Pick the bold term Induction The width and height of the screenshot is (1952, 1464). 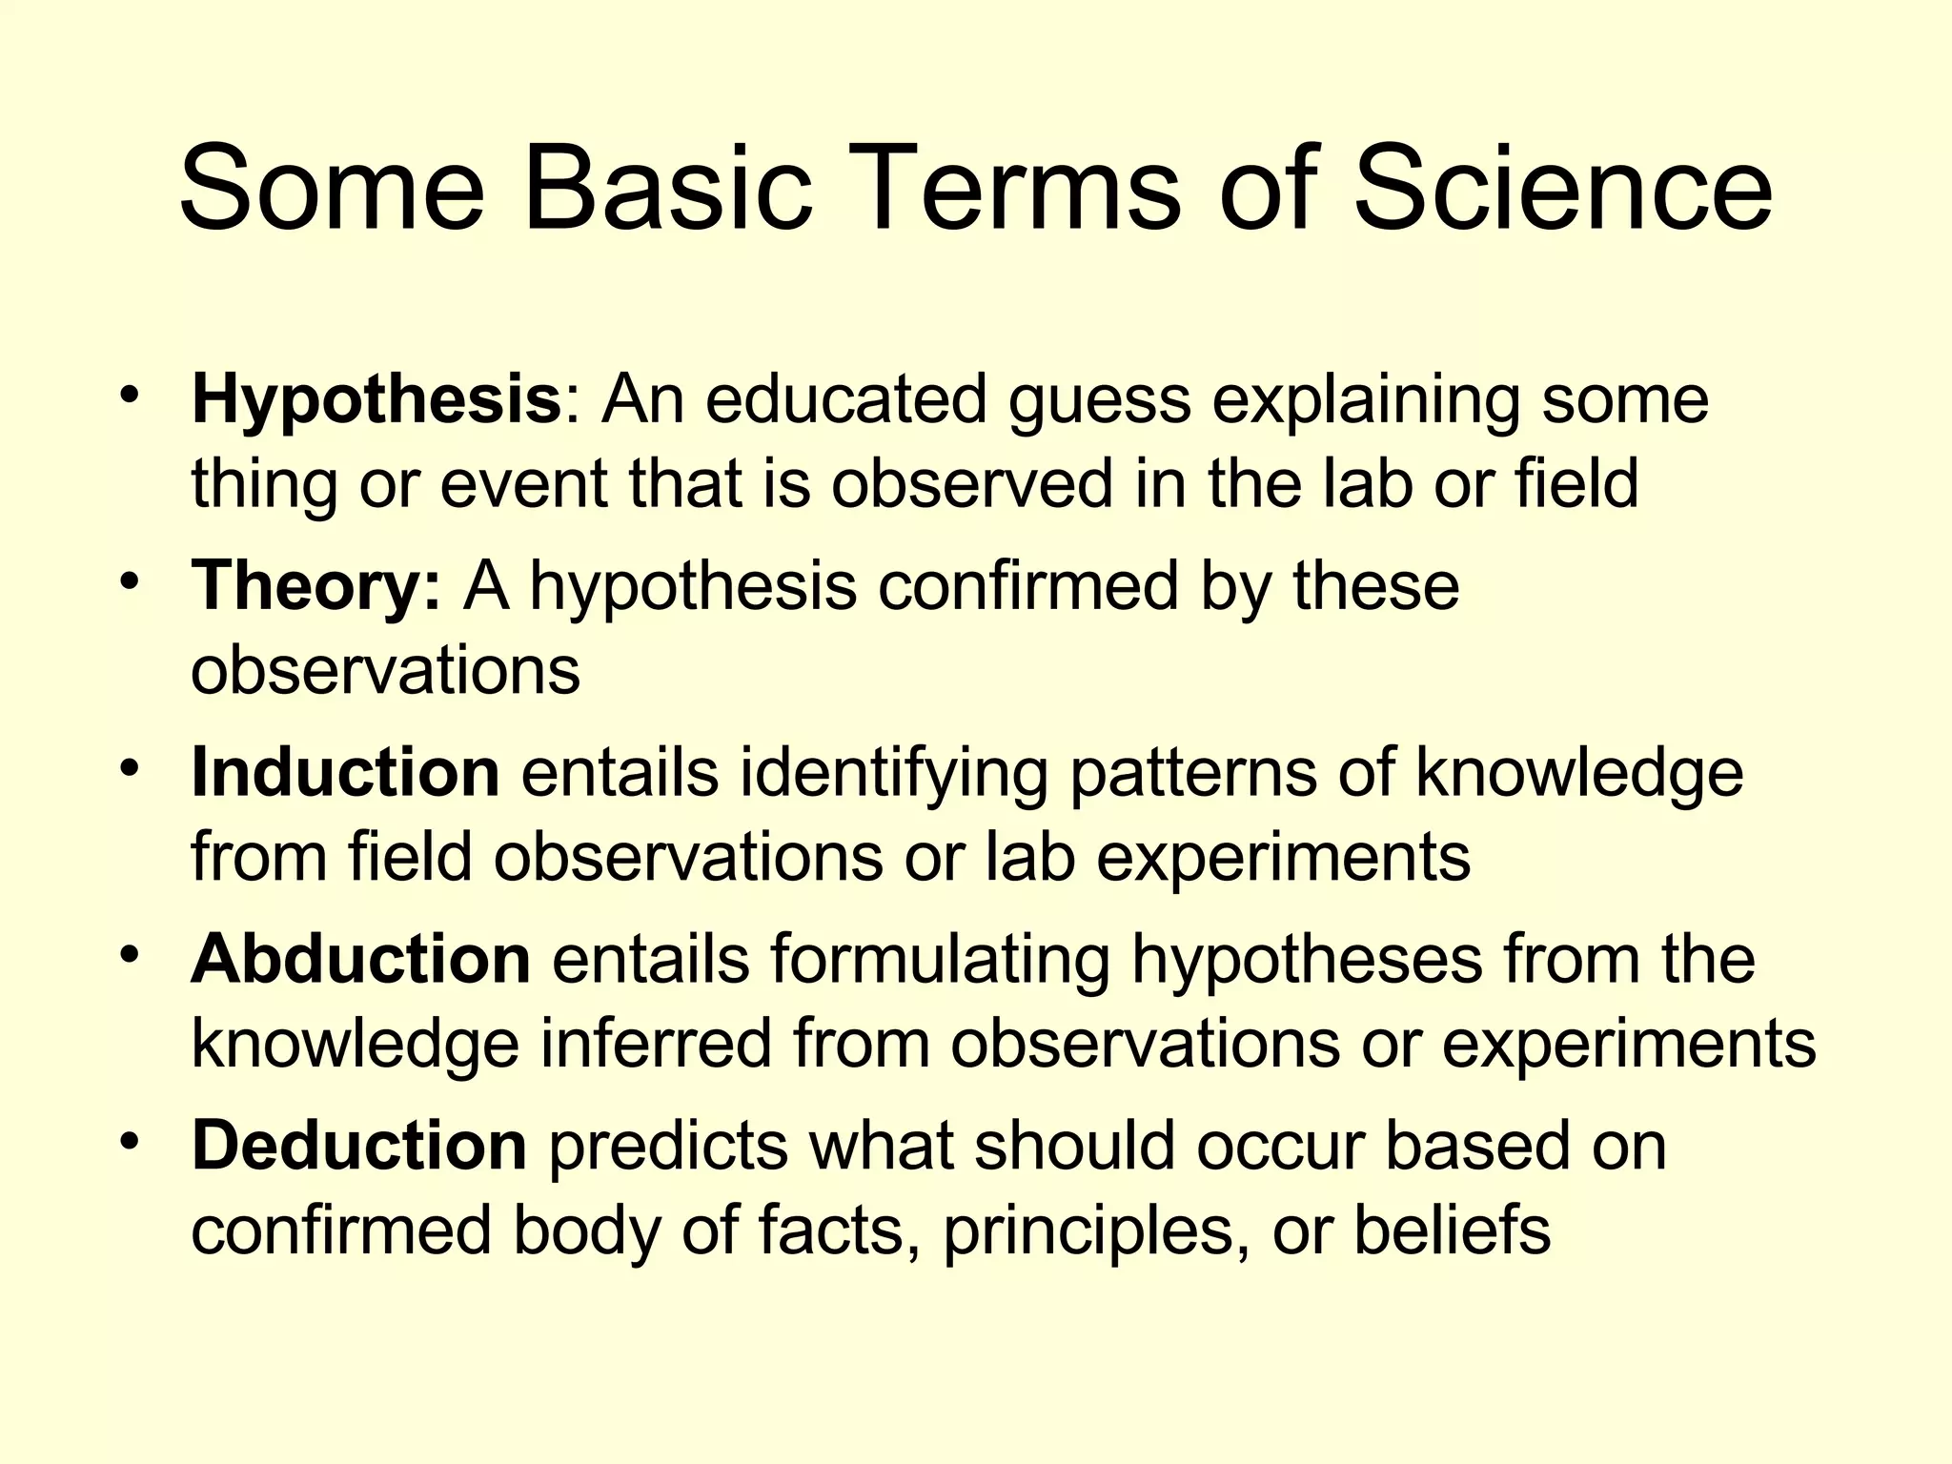point(345,772)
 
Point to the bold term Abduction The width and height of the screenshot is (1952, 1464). point(360,959)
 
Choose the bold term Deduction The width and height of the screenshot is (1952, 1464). point(358,1146)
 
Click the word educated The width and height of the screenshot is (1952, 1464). point(845,400)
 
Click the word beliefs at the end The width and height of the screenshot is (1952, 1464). point(1452,1230)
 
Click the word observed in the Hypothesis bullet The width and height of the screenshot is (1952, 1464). point(971,484)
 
